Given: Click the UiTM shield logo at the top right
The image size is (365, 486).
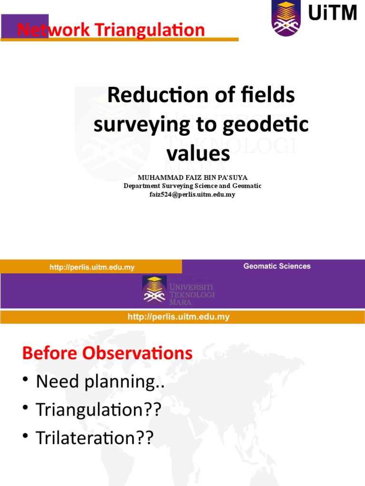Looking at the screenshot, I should (x=286, y=18).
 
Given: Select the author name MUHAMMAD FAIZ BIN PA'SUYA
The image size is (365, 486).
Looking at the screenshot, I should (x=192, y=178).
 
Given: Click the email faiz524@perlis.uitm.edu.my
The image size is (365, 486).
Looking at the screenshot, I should (x=192, y=194).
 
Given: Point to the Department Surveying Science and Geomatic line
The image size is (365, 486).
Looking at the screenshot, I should (x=192, y=186).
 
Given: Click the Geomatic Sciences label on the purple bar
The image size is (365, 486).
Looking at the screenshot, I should (x=277, y=266).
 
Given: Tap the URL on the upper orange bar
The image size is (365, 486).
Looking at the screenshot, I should (x=92, y=268).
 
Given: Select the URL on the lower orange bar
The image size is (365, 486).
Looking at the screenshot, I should (x=179, y=317).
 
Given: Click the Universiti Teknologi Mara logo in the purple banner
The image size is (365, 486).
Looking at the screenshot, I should (x=178, y=290).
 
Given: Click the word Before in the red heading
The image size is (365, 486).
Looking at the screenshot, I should (x=47, y=354).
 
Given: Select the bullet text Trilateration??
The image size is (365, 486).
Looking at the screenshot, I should (x=95, y=438).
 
